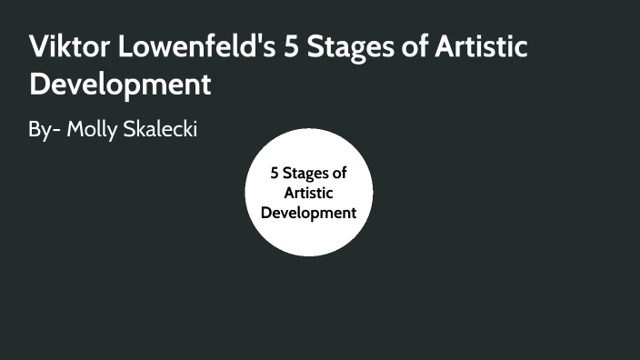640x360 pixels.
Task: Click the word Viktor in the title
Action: coord(69,47)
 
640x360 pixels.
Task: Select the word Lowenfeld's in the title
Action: coord(195,47)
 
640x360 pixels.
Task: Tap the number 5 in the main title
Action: coord(293,47)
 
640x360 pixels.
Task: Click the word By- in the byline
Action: coord(44,130)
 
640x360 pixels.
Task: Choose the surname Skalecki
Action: coord(161,130)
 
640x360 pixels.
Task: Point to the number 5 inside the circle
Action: coord(275,173)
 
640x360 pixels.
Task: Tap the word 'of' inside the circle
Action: coord(338,173)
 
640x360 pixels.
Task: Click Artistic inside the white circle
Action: coord(308,193)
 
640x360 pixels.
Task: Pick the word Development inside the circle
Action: coord(308,213)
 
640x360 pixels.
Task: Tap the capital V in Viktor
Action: coord(39,47)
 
